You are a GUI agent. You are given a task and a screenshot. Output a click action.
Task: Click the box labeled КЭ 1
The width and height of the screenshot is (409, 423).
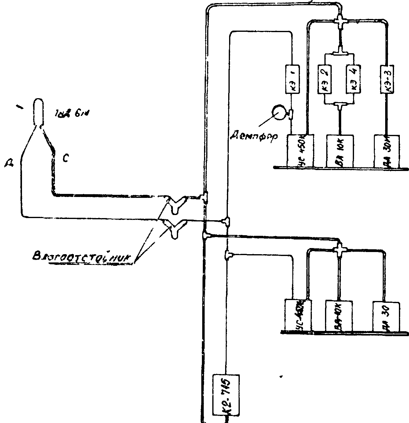point(293,79)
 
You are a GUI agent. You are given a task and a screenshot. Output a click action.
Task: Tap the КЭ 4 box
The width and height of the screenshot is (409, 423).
point(354,79)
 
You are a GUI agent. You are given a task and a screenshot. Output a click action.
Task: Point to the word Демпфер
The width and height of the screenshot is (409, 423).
point(253,135)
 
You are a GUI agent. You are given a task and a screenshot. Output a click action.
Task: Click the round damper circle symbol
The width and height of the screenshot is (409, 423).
point(278,113)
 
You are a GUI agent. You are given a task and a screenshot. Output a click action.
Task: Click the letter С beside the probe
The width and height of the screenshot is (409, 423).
point(65,158)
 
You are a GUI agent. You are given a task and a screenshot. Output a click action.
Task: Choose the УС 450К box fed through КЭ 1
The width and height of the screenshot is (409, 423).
point(300,151)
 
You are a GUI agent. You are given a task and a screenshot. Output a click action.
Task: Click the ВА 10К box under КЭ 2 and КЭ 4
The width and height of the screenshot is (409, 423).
point(340,151)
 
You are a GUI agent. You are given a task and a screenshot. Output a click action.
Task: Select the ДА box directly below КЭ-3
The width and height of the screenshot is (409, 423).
point(387,151)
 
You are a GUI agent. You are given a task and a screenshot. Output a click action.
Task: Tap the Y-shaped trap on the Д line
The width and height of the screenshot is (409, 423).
point(175,228)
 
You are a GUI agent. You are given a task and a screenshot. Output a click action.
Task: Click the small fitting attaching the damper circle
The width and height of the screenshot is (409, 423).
point(290,114)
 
